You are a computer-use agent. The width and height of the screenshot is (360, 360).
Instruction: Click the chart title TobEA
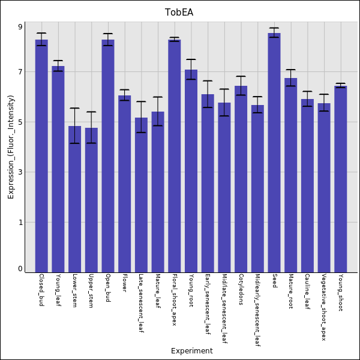click(x=179, y=13)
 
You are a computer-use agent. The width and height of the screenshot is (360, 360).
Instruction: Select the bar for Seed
click(x=274, y=152)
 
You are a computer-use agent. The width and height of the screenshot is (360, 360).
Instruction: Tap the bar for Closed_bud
click(x=41, y=156)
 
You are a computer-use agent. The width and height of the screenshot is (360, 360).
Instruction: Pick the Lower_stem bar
click(x=74, y=199)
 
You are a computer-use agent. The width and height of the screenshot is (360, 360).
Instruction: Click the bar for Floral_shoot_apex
click(x=175, y=156)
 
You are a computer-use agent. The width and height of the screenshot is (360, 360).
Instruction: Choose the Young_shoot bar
click(x=341, y=179)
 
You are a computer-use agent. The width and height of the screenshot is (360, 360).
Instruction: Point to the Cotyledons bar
click(x=241, y=179)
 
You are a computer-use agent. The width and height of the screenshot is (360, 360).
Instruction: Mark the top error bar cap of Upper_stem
click(x=91, y=112)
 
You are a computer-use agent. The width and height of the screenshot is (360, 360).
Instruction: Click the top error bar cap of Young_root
click(x=191, y=59)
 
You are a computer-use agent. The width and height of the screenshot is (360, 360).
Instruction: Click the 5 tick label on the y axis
click(x=20, y=122)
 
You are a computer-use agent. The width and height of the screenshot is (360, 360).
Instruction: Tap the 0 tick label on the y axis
click(x=20, y=269)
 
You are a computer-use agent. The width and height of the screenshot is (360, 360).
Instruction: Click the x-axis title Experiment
click(x=192, y=351)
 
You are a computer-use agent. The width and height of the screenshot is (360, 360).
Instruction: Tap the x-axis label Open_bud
click(x=108, y=288)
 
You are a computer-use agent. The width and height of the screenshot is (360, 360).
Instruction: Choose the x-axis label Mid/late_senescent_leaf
click(x=224, y=308)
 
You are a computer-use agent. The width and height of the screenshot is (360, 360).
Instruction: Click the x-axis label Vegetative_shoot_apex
click(x=324, y=307)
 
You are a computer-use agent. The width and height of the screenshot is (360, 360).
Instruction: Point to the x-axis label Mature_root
click(x=291, y=291)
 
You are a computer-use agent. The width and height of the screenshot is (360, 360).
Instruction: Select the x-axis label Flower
click(x=125, y=283)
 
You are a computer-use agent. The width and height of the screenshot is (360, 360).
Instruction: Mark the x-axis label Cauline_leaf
click(x=307, y=292)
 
